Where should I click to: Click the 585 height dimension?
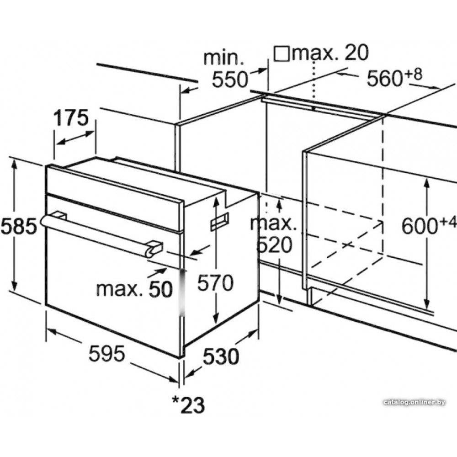(19, 226)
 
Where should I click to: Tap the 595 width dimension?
(107, 353)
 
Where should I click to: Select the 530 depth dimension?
(221, 356)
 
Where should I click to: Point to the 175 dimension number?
(71, 117)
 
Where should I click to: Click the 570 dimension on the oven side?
(215, 282)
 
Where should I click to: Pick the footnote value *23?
(188, 404)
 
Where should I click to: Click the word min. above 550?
(223, 58)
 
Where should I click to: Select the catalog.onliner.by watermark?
(414, 403)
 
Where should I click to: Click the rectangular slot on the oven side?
(220, 222)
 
